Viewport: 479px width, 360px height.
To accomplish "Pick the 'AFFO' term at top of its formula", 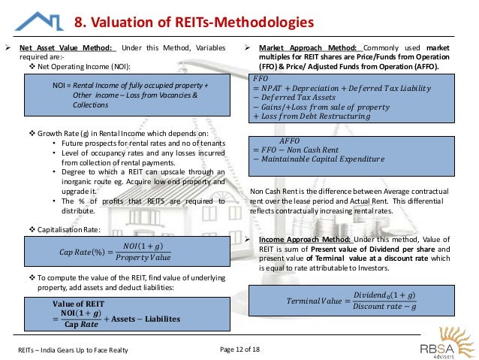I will point(288,140).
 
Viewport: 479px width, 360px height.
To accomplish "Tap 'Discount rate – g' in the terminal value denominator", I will point(385,307).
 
